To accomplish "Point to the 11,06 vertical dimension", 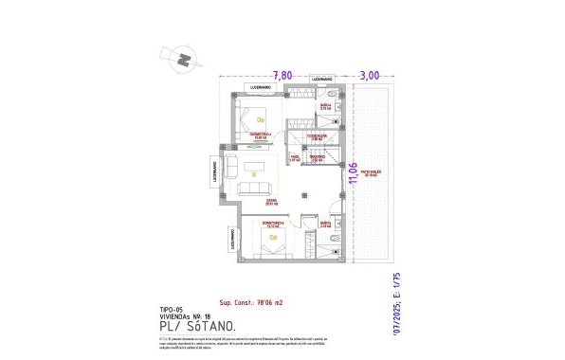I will [x=354, y=176].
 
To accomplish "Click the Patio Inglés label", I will [x=369, y=173].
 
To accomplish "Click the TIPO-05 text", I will [x=172, y=308].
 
